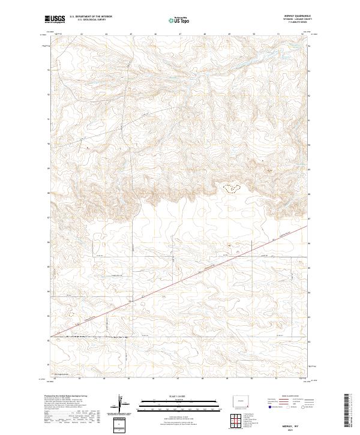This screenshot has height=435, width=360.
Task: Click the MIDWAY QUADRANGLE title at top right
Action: click(302, 16)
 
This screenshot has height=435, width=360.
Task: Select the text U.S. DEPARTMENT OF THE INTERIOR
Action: click(91, 16)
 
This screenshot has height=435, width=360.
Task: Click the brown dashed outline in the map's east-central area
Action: click(231, 188)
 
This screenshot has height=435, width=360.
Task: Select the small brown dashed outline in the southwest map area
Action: click(71, 313)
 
